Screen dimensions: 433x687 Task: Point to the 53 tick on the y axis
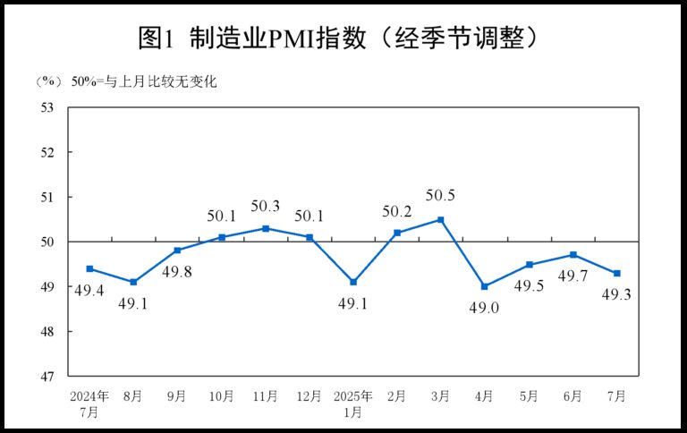(47, 107)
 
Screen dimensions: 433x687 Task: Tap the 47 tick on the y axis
(47, 376)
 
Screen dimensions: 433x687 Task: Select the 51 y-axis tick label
(47, 197)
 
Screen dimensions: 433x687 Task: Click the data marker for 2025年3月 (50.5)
(441, 219)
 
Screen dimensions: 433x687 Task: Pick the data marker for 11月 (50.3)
(266, 228)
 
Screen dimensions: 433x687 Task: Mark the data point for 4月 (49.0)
(485, 286)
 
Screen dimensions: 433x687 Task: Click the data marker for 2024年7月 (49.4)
(89, 268)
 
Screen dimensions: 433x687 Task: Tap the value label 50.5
(441, 196)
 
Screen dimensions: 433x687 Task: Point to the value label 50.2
(397, 211)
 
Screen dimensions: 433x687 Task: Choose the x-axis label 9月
(177, 395)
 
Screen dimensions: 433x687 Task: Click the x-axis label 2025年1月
(353, 403)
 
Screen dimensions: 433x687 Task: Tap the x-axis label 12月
(310, 395)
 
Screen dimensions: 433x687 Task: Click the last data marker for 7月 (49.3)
(617, 274)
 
